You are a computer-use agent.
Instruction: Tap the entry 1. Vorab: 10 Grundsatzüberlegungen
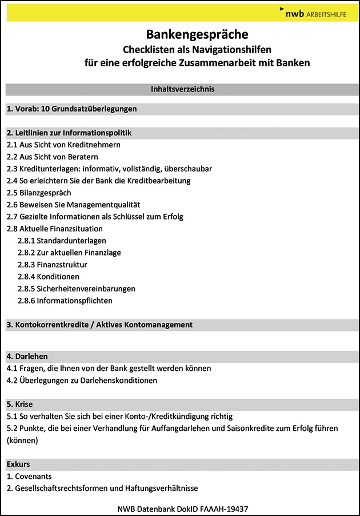[71, 109]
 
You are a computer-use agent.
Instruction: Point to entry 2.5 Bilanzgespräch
[39, 193]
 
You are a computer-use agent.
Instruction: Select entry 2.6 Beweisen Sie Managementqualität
[73, 205]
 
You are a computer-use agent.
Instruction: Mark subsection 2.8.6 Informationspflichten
[65, 301]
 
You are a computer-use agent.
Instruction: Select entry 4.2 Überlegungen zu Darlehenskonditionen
[82, 380]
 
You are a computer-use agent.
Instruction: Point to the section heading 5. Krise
[20, 404]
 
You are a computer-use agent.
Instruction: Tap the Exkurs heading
[18, 463]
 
